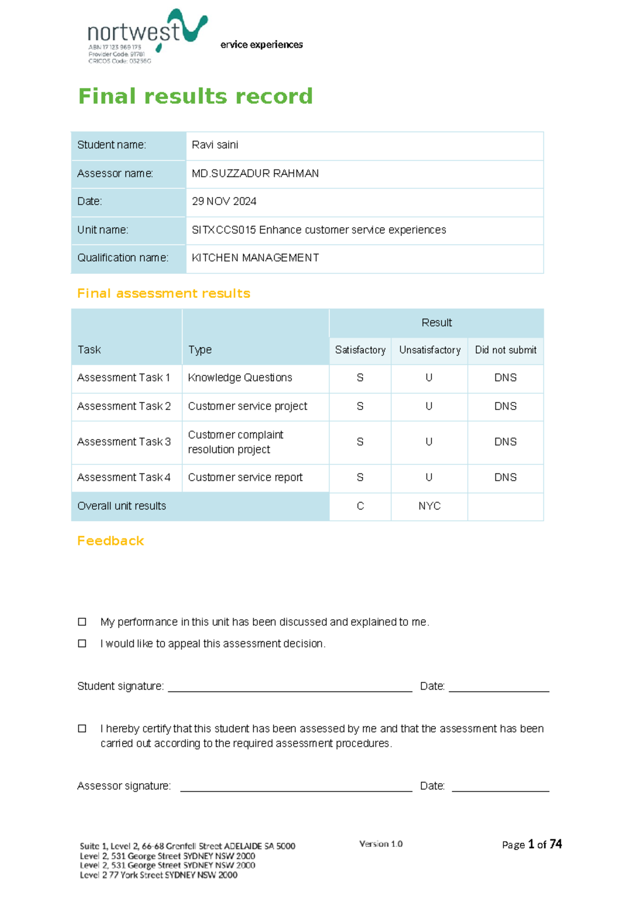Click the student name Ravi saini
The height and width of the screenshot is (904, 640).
[215, 145]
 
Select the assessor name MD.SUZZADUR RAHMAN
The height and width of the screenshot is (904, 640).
[255, 173]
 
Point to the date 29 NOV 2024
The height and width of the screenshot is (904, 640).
[224, 201]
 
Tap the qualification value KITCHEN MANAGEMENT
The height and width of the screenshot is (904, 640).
[255, 258]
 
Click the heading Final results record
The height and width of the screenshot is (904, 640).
[195, 96]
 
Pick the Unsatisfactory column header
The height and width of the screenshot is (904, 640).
[429, 350]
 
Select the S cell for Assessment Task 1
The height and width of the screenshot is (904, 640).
[360, 378]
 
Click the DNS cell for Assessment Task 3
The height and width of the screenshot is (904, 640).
[505, 442]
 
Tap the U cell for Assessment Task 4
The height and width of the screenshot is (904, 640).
[429, 478]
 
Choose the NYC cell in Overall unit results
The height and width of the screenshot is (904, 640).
[429, 506]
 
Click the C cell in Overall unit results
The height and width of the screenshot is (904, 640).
[360, 506]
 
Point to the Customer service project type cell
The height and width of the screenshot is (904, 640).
[247, 406]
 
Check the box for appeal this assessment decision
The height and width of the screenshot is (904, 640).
[82, 643]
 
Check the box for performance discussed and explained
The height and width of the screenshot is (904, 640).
[82, 621]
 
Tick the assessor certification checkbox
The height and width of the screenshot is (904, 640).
[82, 728]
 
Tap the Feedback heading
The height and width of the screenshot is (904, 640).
[110, 541]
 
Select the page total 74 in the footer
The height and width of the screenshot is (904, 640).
[556, 844]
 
